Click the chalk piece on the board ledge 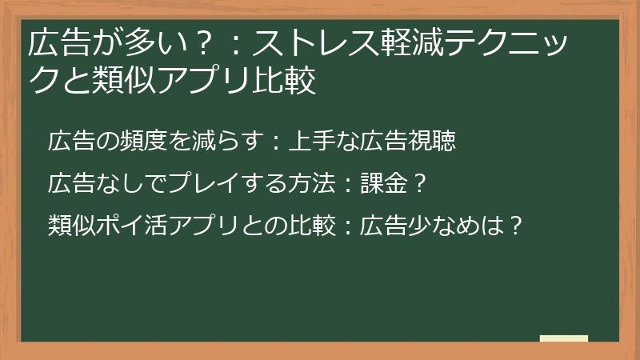[x=563, y=338]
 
